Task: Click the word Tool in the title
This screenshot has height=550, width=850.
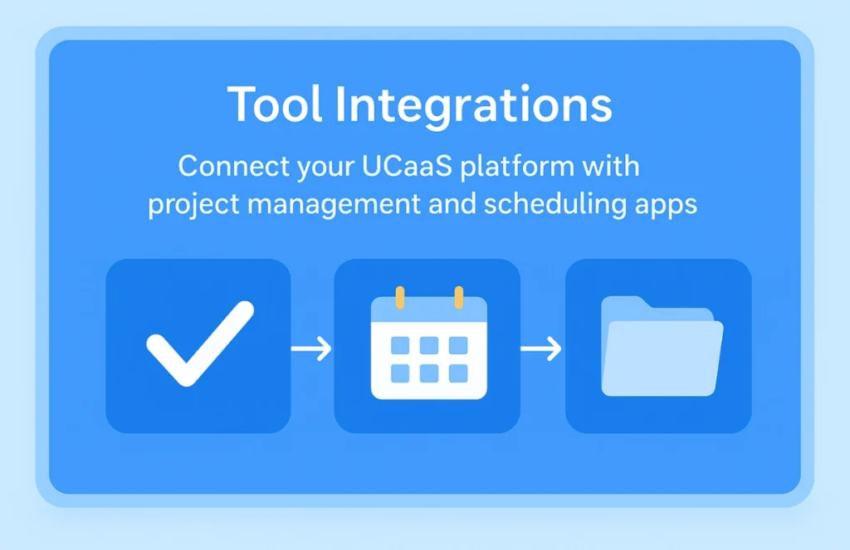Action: coord(275,104)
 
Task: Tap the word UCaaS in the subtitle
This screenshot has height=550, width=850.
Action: coord(407,167)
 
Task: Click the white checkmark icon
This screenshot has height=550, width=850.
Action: coord(200,343)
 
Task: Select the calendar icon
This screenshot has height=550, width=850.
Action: coord(429,343)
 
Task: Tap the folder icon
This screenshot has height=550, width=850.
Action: coord(662,346)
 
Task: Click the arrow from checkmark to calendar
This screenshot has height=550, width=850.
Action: coord(311,348)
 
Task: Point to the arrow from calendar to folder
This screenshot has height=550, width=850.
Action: coord(541,348)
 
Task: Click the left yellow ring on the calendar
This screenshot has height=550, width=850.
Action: coord(400,298)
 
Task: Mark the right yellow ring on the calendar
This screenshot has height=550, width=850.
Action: coord(458,298)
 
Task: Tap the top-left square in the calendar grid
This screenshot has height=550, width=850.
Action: coord(400,345)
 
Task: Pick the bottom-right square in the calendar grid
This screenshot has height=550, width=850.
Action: coord(458,373)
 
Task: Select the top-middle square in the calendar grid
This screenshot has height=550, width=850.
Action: coord(429,345)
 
